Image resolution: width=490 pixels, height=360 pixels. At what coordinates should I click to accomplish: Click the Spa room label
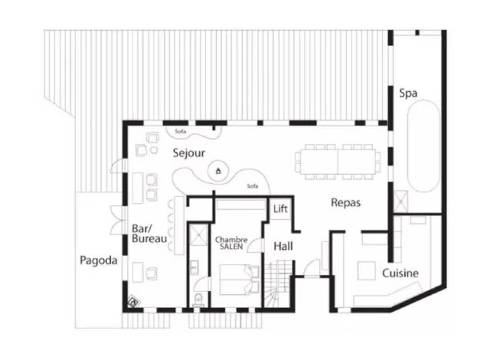(x=408, y=93)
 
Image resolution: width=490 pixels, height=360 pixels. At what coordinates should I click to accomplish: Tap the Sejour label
(x=189, y=153)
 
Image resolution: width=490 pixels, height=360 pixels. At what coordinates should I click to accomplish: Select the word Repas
(x=345, y=203)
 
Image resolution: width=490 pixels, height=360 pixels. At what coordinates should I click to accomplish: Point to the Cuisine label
(x=400, y=273)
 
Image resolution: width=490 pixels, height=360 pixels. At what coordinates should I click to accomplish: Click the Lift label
(x=280, y=208)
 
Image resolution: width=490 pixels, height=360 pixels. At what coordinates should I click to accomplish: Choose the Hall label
(x=283, y=246)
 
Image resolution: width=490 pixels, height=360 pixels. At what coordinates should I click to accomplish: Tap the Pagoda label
(x=99, y=260)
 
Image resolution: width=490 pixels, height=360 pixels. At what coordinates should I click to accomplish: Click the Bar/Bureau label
(x=149, y=233)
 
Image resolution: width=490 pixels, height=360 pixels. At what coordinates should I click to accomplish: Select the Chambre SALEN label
(x=231, y=243)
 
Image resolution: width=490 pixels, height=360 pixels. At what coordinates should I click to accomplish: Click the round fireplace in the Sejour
(x=219, y=171)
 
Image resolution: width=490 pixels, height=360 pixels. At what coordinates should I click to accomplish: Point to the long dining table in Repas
(x=338, y=162)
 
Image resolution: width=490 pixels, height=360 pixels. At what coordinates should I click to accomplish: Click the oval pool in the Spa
(x=424, y=146)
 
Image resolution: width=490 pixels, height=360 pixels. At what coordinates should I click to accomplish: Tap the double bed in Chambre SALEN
(x=240, y=280)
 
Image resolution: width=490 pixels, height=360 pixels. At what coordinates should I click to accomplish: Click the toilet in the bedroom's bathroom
(x=198, y=300)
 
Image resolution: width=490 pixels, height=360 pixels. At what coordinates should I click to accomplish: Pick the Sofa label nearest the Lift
(x=252, y=186)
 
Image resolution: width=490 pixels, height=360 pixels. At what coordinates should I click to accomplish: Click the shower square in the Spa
(x=400, y=202)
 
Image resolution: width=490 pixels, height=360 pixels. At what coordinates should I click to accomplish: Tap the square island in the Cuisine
(x=367, y=271)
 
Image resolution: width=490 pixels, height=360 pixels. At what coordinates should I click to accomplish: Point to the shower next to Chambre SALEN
(x=198, y=234)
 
